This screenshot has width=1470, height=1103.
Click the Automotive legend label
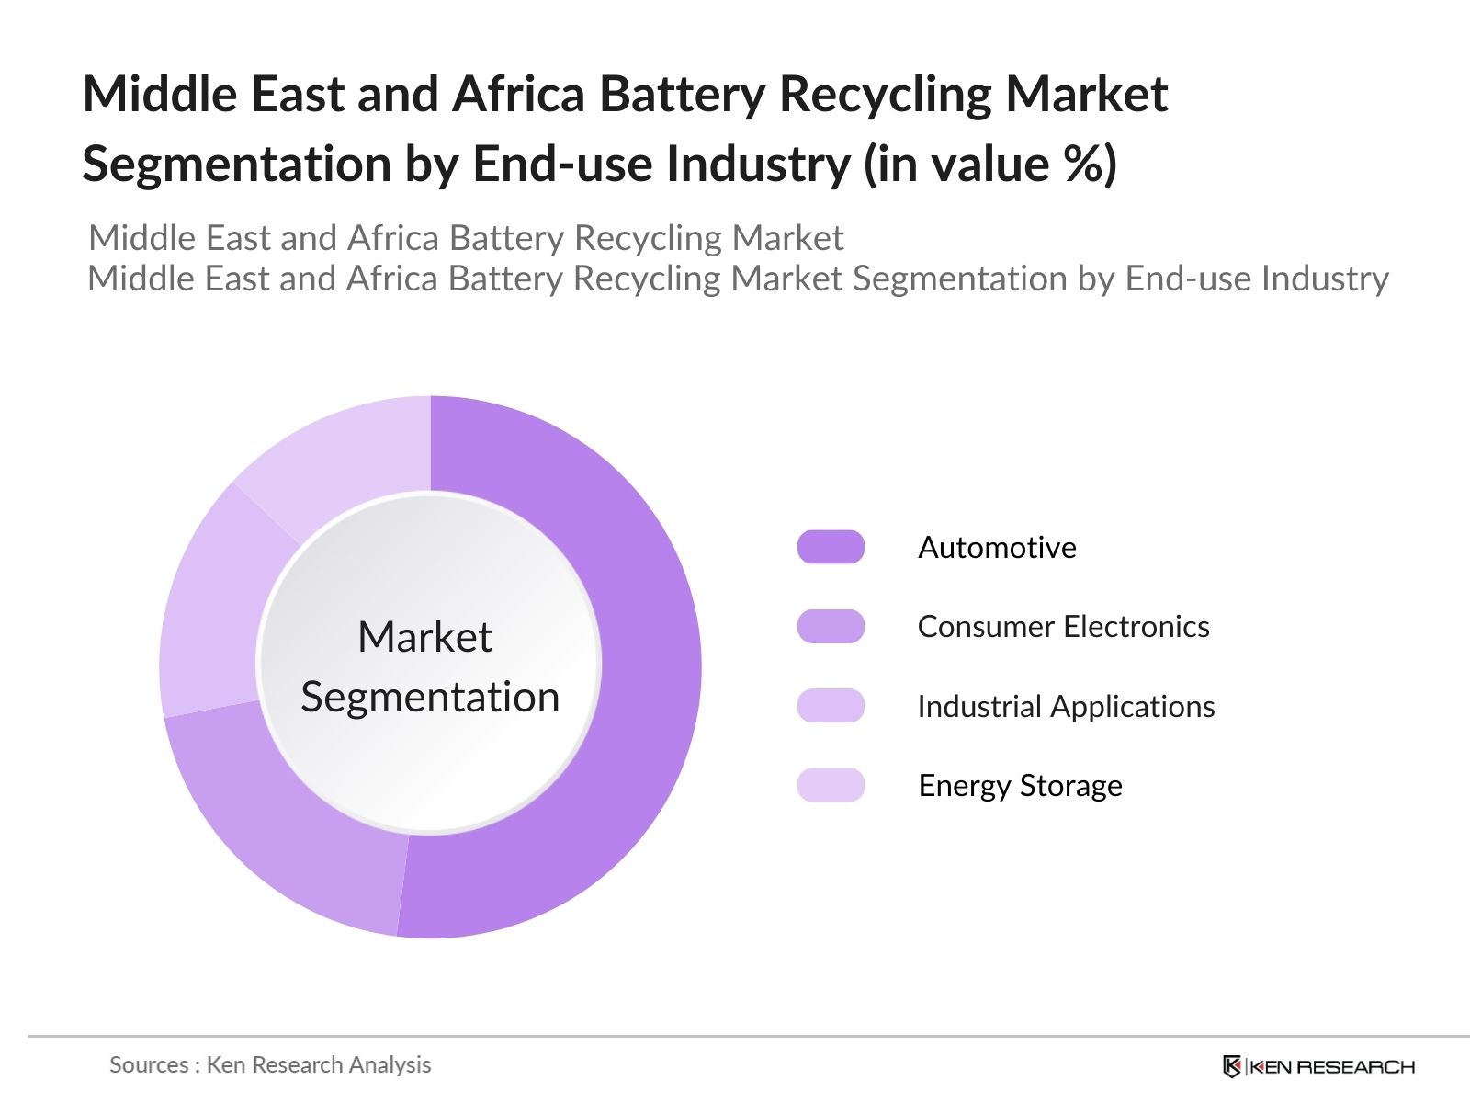[x=997, y=548]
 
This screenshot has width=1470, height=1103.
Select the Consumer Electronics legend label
[x=1063, y=627]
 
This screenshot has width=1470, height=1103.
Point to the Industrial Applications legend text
[x=1066, y=707]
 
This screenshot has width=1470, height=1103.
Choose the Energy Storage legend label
[x=1020, y=786]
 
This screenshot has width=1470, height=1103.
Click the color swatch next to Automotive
[x=831, y=547]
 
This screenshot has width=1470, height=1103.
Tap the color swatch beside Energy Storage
[x=831, y=785]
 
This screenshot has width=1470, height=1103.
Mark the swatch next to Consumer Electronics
[x=831, y=627]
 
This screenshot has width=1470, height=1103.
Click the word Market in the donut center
[x=424, y=637]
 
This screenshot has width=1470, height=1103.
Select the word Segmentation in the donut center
[x=430, y=697]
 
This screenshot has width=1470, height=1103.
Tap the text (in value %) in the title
[x=989, y=164]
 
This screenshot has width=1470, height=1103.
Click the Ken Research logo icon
[x=1231, y=1066]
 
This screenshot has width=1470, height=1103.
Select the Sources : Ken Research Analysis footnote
[x=270, y=1064]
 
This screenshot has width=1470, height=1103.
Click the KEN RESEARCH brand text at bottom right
[x=1332, y=1067]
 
